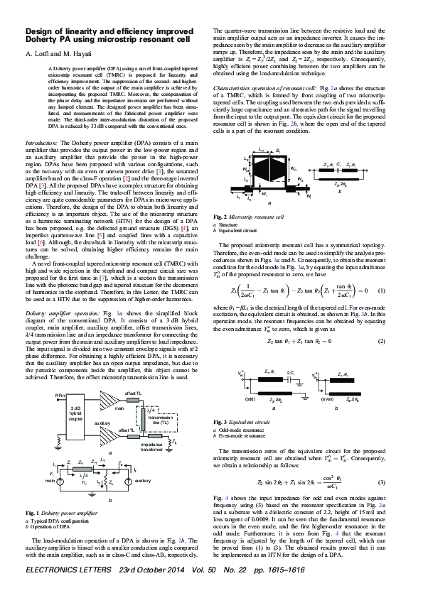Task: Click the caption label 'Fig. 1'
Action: click(32, 513)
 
